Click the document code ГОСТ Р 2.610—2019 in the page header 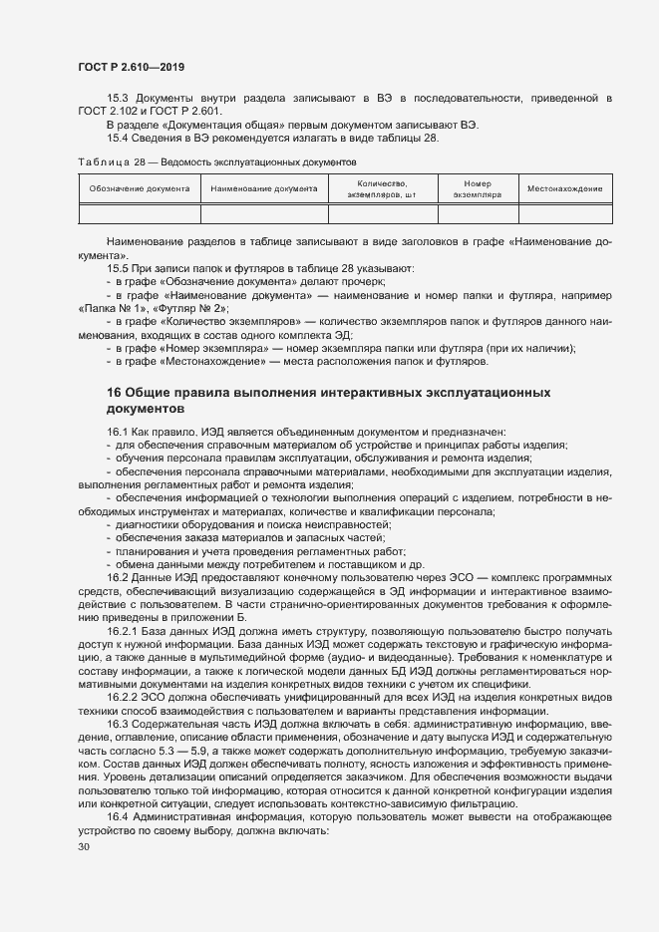tap(131, 67)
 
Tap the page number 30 tap(84, 847)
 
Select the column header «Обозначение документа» tap(139, 188)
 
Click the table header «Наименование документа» tap(264, 188)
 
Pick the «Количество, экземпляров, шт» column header tap(382, 188)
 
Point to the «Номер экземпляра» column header tap(478, 188)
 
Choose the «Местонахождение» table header tap(564, 188)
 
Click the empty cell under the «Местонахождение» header tap(564, 212)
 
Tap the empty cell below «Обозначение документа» tap(139, 212)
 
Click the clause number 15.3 tap(118, 98)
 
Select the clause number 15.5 tap(118, 269)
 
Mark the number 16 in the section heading tap(115, 393)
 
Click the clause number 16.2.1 tap(123, 632)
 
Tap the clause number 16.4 tap(118, 816)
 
